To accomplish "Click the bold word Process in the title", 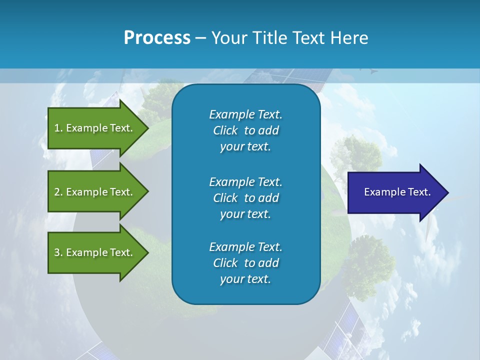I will click(x=157, y=38).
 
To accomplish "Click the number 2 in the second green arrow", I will click(x=57, y=192).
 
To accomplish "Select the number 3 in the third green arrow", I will click(x=57, y=252).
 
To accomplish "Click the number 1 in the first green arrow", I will click(x=57, y=128).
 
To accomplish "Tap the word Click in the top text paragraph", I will click(x=225, y=131).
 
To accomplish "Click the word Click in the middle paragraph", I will click(x=225, y=198).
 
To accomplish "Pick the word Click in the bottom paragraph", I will click(x=225, y=263).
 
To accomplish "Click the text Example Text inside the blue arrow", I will click(x=397, y=192).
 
